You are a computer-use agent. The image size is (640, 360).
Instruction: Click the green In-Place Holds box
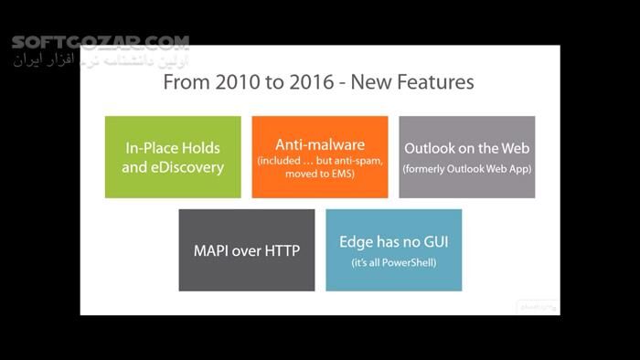[x=173, y=156]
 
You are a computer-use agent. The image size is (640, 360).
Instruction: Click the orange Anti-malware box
[x=320, y=156]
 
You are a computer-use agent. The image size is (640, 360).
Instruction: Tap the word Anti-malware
[x=320, y=144]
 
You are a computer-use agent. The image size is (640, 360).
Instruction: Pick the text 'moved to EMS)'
[x=320, y=175]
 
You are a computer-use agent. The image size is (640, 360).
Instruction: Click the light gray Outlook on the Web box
[x=466, y=156]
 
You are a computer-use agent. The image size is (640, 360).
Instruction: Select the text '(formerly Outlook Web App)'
[x=466, y=169]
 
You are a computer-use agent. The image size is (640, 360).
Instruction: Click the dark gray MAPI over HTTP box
[x=247, y=250]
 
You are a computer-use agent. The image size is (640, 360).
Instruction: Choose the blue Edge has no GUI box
[x=393, y=250]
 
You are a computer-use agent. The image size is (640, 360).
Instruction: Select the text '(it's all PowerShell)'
[x=393, y=262]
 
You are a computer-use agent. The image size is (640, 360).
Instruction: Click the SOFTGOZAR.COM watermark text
[x=101, y=42]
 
